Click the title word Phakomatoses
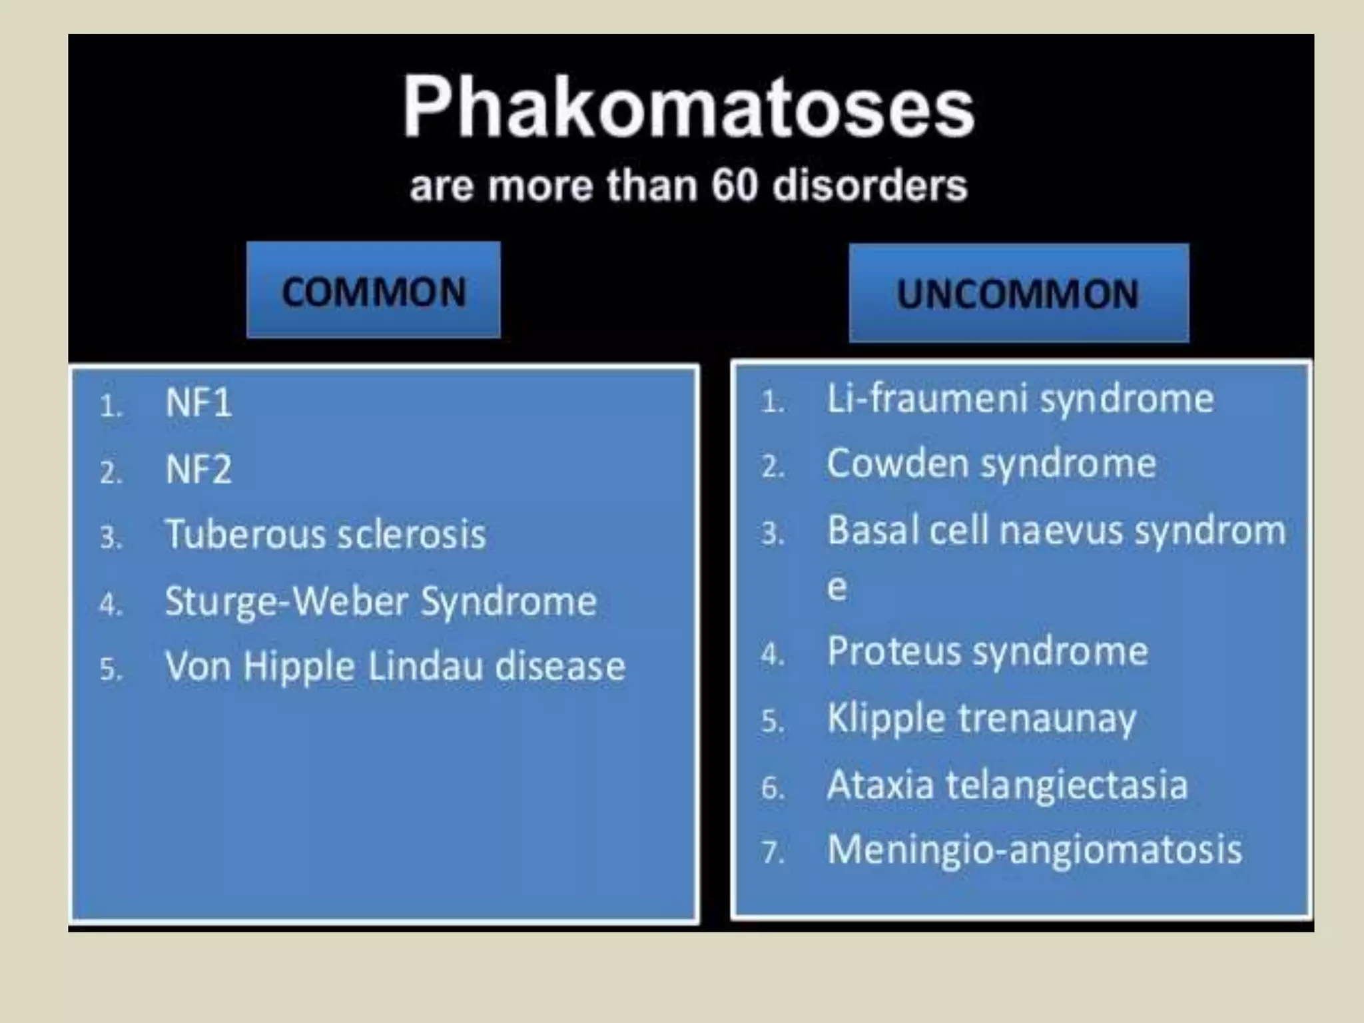click(x=689, y=107)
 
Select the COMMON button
click(x=374, y=290)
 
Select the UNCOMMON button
click(x=1018, y=294)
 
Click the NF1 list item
click(x=198, y=403)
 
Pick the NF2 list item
click(x=198, y=470)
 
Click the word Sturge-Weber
click(x=286, y=601)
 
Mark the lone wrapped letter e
click(x=837, y=587)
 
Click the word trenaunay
click(x=1048, y=719)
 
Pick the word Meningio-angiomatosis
click(x=1034, y=851)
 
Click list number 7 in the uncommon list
click(x=772, y=852)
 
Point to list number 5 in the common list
click(x=111, y=669)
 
